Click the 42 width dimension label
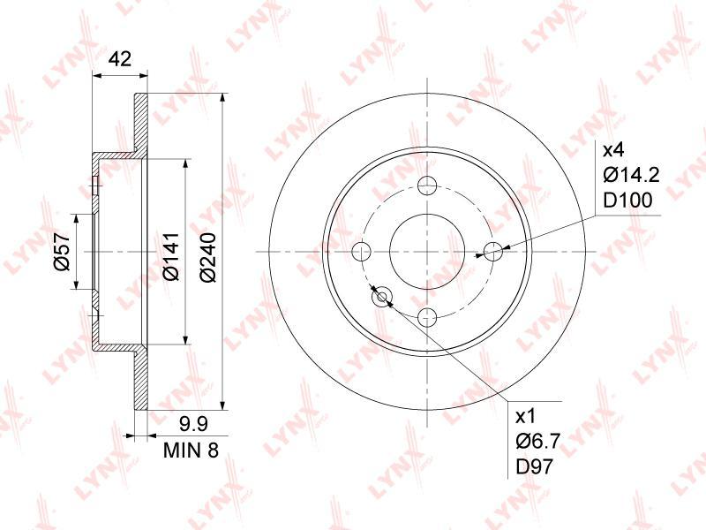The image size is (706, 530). click(x=120, y=59)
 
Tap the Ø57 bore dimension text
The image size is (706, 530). click(x=63, y=252)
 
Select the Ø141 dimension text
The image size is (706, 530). click(x=171, y=256)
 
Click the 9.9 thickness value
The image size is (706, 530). click(x=192, y=424)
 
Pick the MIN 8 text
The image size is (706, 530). click(x=191, y=450)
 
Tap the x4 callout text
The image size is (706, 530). click(x=613, y=150)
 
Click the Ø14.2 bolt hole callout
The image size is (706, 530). click(x=631, y=175)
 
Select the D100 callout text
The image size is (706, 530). click(x=627, y=201)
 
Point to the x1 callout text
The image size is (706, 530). click(x=526, y=416)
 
